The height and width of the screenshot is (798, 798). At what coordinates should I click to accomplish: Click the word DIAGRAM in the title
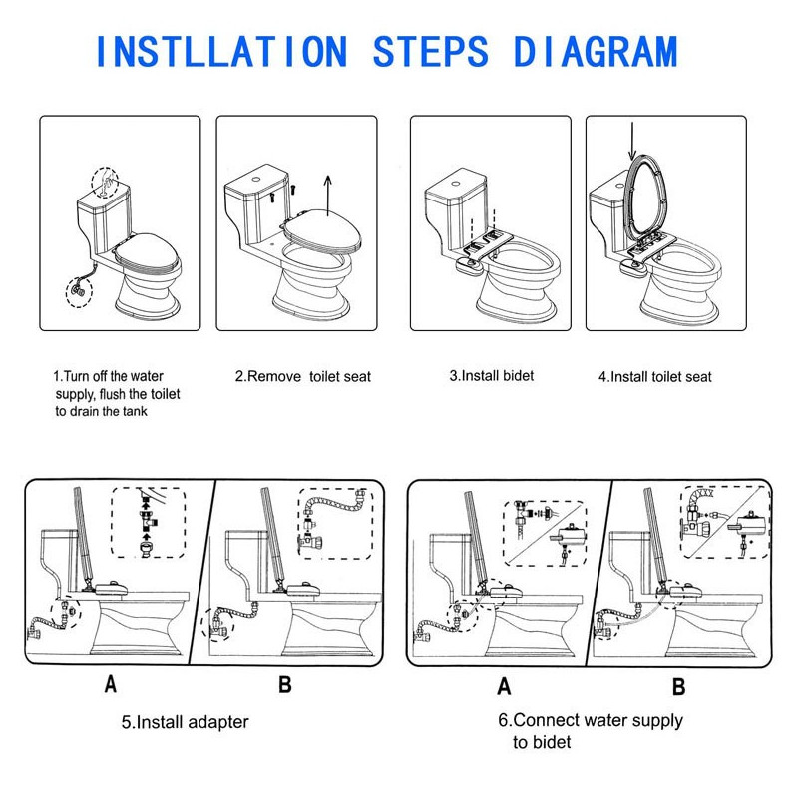(x=596, y=52)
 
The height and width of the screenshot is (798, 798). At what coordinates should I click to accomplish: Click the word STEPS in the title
(x=431, y=52)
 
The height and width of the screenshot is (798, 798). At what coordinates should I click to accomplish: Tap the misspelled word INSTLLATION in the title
(x=221, y=52)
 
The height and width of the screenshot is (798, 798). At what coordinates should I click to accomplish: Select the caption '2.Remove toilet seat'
(x=303, y=377)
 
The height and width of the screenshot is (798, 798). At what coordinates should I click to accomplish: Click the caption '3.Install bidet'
(x=492, y=376)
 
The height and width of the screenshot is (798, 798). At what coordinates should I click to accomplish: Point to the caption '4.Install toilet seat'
(x=655, y=377)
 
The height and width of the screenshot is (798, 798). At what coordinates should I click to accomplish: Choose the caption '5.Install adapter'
(x=185, y=721)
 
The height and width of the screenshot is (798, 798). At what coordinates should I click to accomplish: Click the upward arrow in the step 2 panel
(x=328, y=196)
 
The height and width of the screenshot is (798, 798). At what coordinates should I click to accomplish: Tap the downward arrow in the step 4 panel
(x=632, y=141)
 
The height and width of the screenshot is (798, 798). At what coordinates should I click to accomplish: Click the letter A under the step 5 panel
(x=111, y=684)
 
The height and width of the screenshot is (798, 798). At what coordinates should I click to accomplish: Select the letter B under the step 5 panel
(x=285, y=684)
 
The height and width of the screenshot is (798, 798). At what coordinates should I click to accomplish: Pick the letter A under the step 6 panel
(x=504, y=685)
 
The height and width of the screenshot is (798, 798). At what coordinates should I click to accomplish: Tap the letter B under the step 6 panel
(x=679, y=685)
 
